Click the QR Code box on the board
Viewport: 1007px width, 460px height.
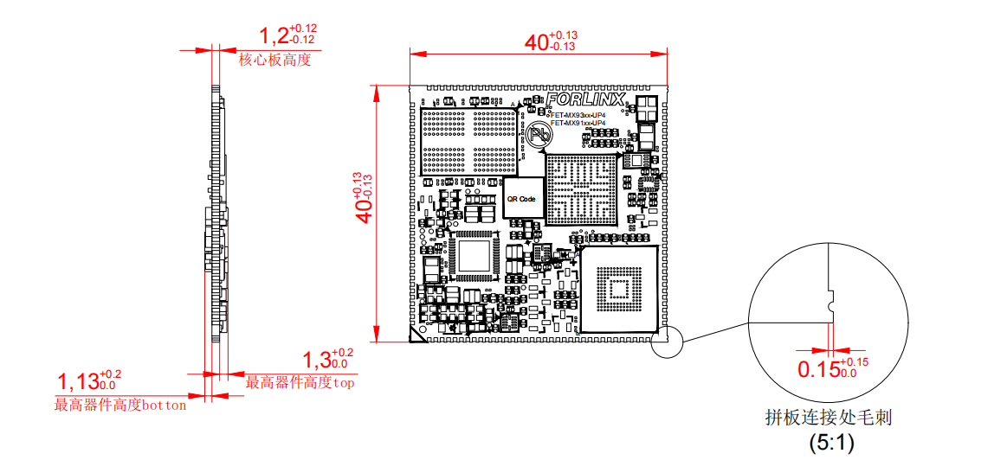[522, 199]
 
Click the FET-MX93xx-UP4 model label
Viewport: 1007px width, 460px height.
[578, 114]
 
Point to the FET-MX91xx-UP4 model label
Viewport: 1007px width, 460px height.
[578, 124]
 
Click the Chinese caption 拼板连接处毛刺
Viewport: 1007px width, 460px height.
[829, 418]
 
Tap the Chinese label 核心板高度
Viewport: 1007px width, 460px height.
[274, 61]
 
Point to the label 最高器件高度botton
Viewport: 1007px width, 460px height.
[120, 405]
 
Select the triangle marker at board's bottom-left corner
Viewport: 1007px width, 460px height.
[416, 340]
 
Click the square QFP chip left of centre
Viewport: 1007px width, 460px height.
[474, 257]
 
